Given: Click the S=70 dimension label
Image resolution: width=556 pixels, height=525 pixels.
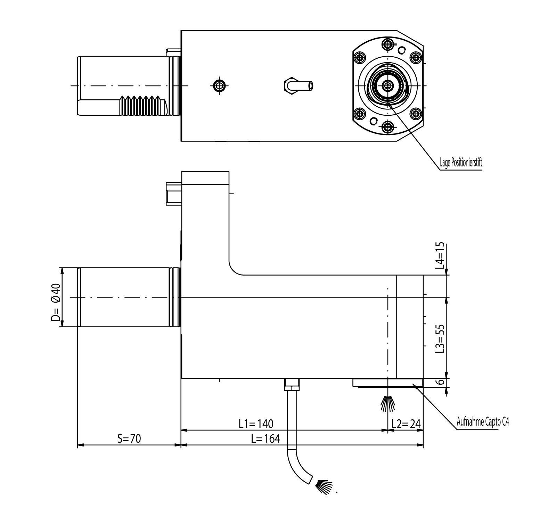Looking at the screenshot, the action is (129, 439).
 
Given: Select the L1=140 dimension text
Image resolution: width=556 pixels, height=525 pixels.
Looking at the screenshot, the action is (256, 424).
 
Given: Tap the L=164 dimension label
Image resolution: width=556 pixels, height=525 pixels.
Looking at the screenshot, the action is (265, 439).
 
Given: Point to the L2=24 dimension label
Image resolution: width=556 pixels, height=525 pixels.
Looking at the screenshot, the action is (406, 424).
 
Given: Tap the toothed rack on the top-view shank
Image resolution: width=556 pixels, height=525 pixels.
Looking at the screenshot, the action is (144, 105).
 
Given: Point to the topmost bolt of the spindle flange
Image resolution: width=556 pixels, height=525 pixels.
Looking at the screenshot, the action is (387, 44).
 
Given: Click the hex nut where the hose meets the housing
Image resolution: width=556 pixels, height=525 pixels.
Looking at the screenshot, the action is (292, 385).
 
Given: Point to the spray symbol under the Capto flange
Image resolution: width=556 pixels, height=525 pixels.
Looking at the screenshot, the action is (387, 403).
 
